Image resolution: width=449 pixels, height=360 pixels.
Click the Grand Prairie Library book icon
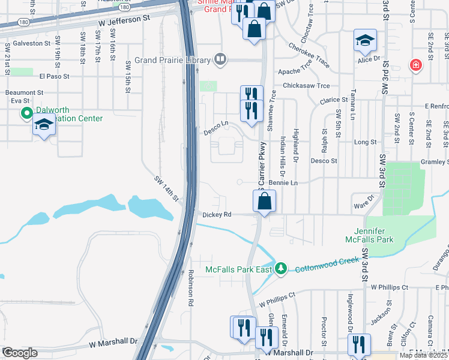point(220,59)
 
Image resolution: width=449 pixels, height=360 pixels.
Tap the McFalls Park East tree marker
point(281,268)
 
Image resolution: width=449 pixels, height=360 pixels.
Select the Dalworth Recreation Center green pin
point(26,113)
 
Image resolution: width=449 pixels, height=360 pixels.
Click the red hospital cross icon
point(415,65)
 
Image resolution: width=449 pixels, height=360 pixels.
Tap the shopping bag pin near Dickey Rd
point(265,202)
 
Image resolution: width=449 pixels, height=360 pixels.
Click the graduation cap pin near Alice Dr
point(364,41)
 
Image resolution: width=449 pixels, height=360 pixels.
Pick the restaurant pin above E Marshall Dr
point(360,344)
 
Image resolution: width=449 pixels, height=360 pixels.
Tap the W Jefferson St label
point(124,19)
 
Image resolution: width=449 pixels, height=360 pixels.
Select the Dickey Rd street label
point(217,214)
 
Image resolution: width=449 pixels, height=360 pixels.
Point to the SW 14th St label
point(167,188)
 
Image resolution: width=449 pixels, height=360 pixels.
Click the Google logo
point(19,352)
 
